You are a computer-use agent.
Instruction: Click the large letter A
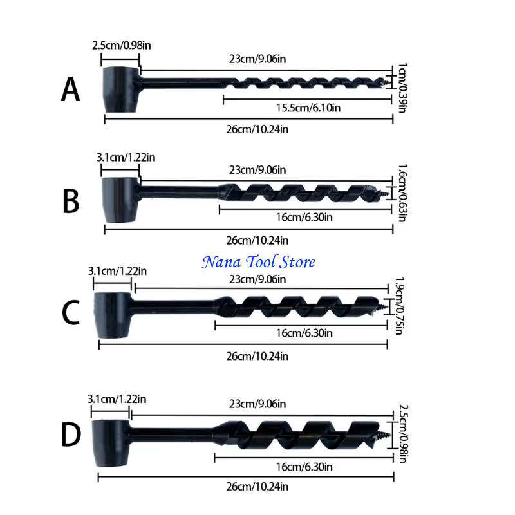point(70,89)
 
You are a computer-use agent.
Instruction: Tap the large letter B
point(71,201)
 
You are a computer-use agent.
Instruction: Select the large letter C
point(71,312)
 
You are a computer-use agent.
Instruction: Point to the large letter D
point(71,435)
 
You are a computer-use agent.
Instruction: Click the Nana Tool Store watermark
point(259,262)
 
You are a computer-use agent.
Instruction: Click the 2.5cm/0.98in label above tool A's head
point(122,45)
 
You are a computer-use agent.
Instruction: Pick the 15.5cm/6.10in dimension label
point(308,108)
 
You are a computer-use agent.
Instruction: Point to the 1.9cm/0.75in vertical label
point(399,306)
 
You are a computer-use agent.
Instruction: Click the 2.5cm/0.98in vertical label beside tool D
point(404,433)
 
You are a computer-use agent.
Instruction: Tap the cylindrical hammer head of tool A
point(120,89)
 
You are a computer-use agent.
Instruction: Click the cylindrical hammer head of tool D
point(110,443)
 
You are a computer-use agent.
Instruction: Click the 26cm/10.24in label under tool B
point(257,240)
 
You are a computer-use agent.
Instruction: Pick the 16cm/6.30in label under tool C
point(304,333)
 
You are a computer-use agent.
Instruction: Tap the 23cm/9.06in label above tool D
point(257,404)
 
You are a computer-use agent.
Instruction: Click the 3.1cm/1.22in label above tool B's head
point(126,158)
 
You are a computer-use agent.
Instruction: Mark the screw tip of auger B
point(384,193)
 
